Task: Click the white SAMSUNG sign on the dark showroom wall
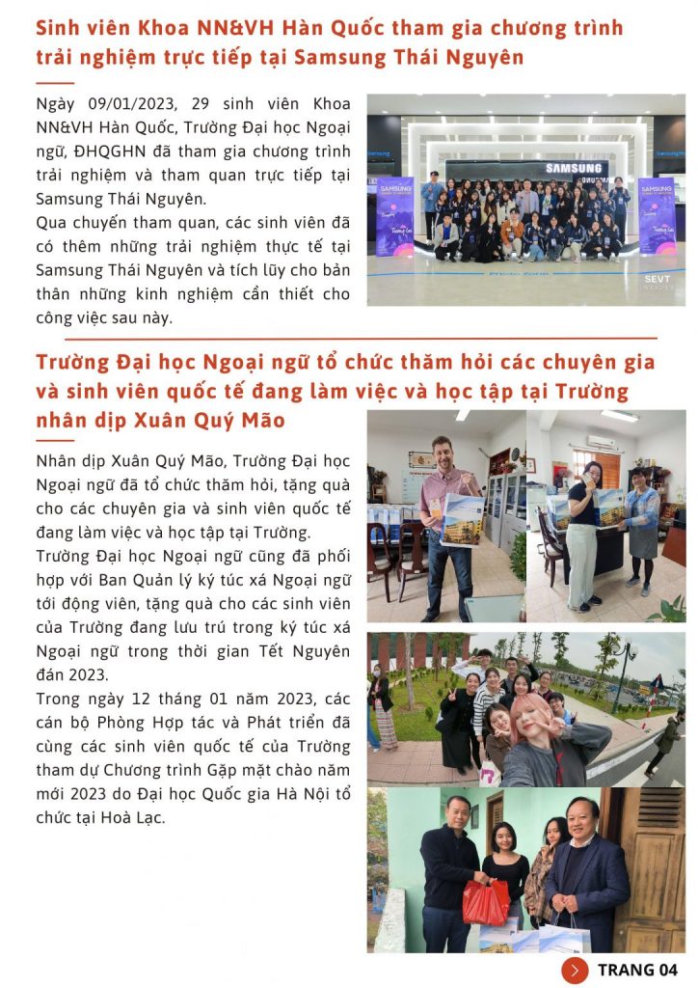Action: pyautogui.click(x=575, y=169)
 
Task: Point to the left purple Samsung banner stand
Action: pyautogui.click(x=395, y=216)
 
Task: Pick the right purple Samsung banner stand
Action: pyautogui.click(x=656, y=214)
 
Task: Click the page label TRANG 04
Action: pyautogui.click(x=637, y=970)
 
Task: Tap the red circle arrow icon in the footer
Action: pyautogui.click(x=575, y=970)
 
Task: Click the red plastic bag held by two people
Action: pyautogui.click(x=485, y=901)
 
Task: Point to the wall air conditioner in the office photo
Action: pyautogui.click(x=602, y=441)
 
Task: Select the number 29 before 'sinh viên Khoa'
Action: pyautogui.click(x=199, y=104)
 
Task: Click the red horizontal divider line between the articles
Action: pyautogui.click(x=361, y=339)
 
